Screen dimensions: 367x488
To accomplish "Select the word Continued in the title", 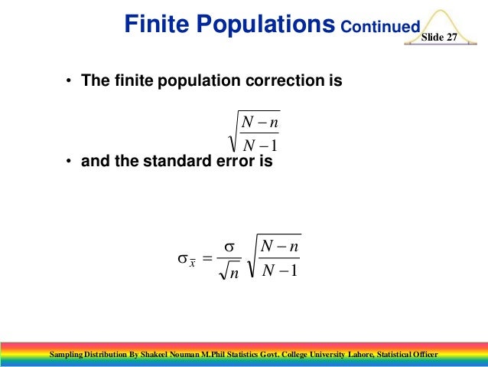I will click(x=380, y=28).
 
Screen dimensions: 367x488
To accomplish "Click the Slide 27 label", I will click(x=439, y=38).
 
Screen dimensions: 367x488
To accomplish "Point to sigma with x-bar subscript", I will click(x=185, y=260).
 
